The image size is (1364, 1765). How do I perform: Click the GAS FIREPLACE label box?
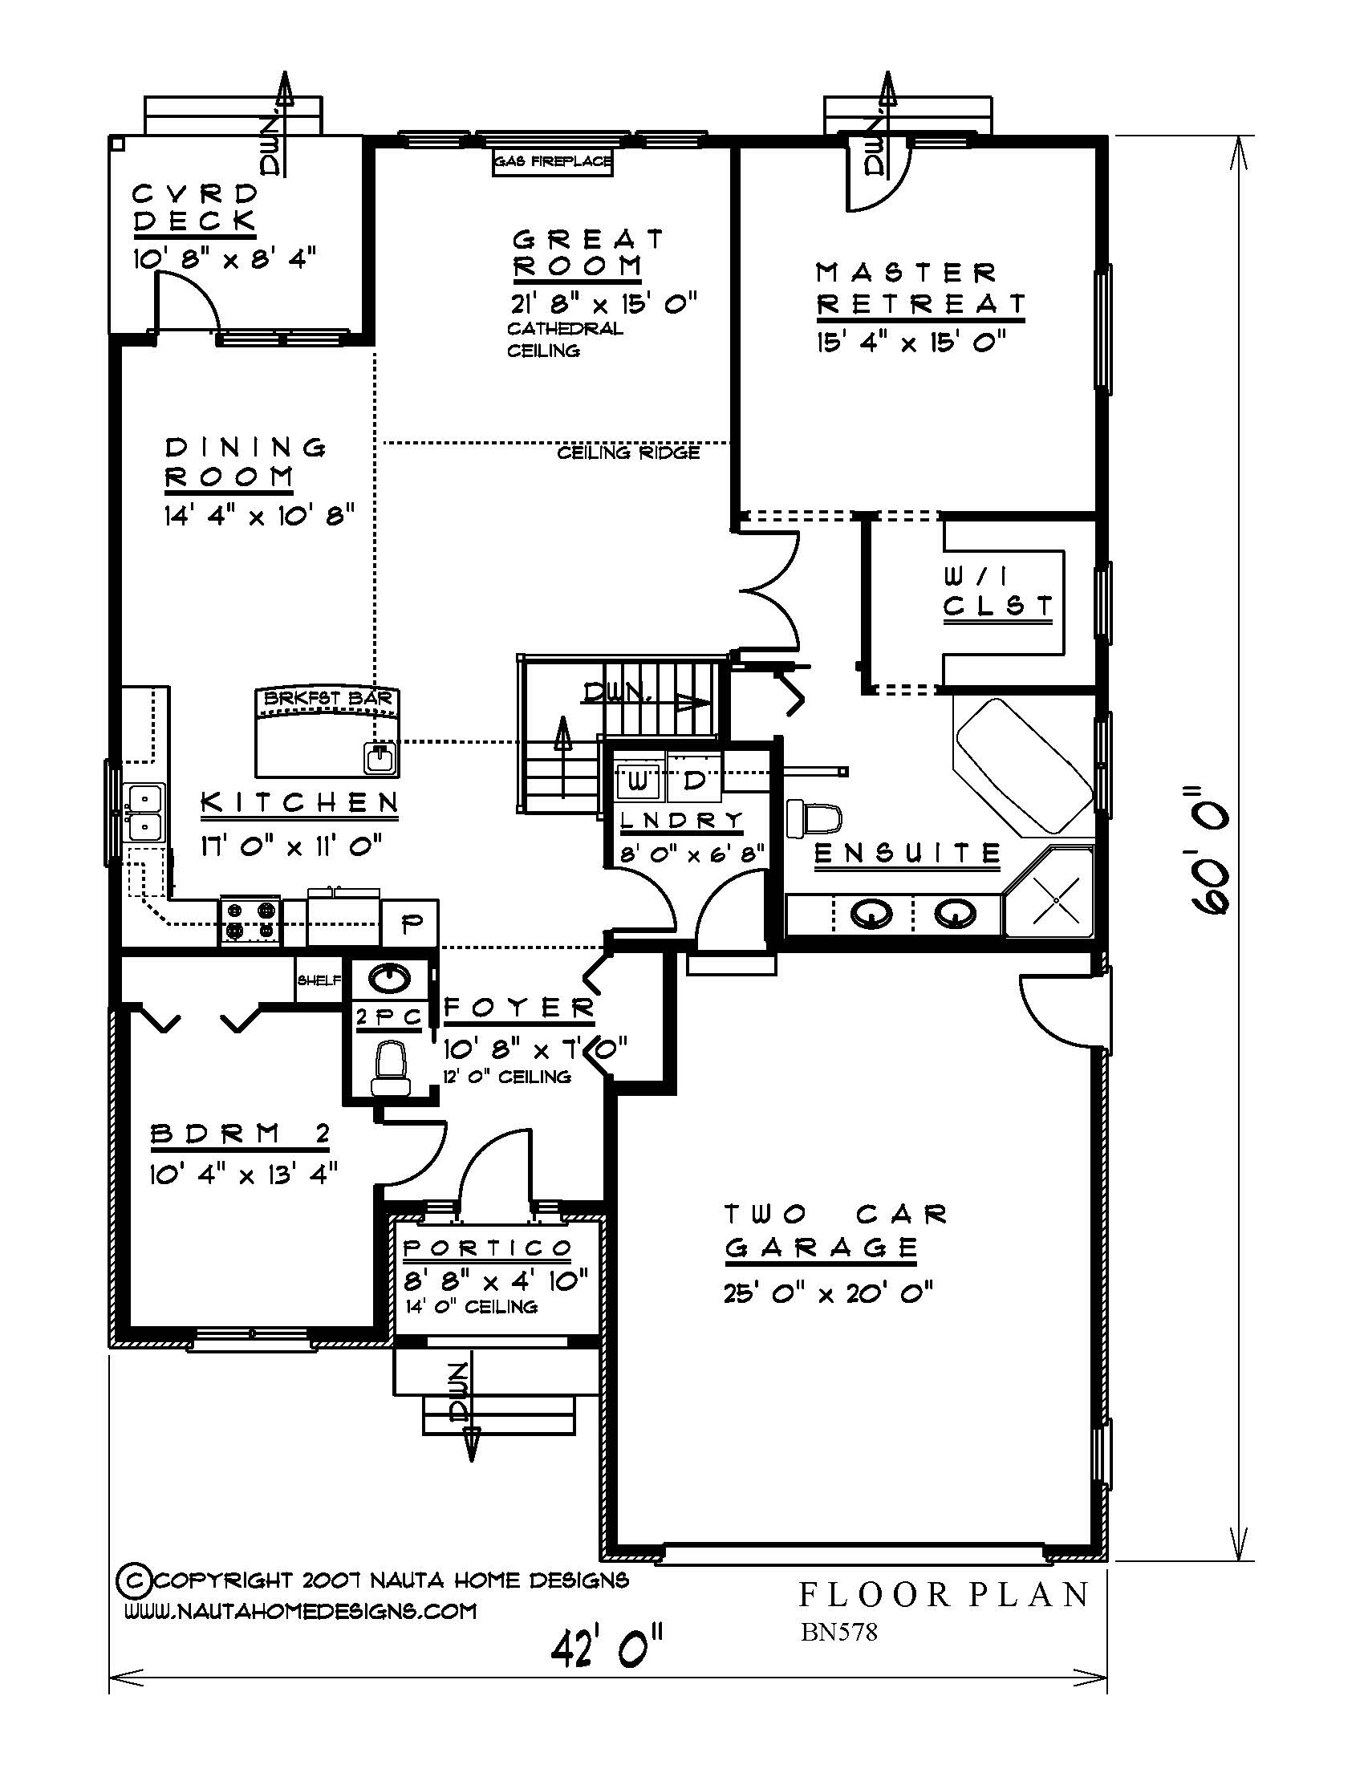553,161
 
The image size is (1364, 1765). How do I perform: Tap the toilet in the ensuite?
813,817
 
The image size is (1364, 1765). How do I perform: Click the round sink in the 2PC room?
389,979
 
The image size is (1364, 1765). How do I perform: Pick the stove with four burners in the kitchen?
250,921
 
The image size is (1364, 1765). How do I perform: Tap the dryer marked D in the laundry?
694,781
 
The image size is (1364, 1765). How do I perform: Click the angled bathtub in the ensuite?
1024,765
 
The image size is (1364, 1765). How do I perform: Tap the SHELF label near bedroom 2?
319,980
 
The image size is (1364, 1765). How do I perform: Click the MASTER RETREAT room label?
919,289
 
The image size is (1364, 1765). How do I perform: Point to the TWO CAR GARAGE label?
834,1231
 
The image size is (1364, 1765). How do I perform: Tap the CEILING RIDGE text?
628,453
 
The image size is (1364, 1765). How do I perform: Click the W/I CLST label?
998,590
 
